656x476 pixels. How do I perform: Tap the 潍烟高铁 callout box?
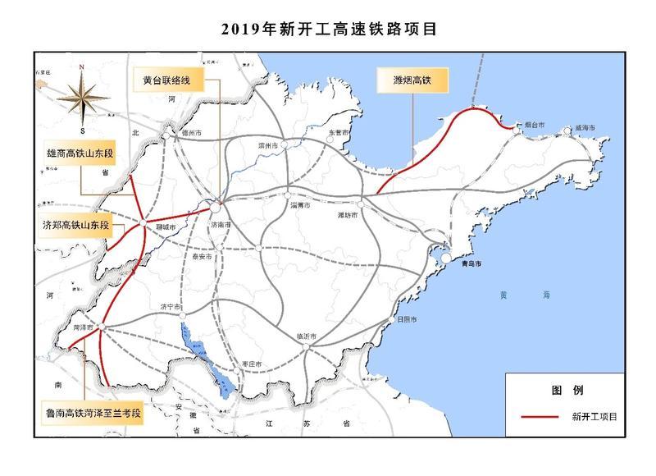(x=408, y=80)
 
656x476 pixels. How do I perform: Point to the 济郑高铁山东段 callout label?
(x=75, y=224)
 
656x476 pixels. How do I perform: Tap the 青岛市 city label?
(x=467, y=266)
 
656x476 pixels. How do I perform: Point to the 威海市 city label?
(x=584, y=127)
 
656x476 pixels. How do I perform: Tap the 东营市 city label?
(x=339, y=132)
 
